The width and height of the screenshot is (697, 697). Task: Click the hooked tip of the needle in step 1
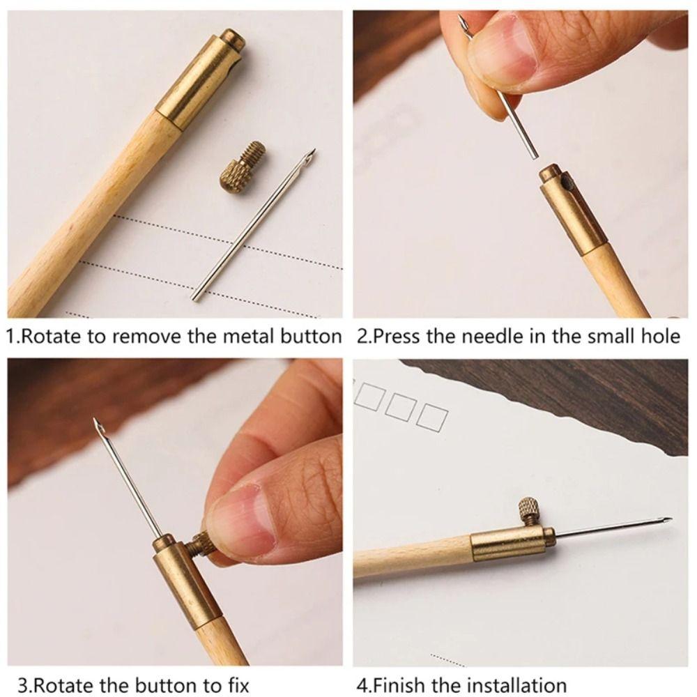point(312,154)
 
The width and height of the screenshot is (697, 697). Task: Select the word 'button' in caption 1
point(309,337)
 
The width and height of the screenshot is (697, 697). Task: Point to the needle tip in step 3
point(95,422)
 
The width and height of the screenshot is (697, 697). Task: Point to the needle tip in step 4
point(668,519)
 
